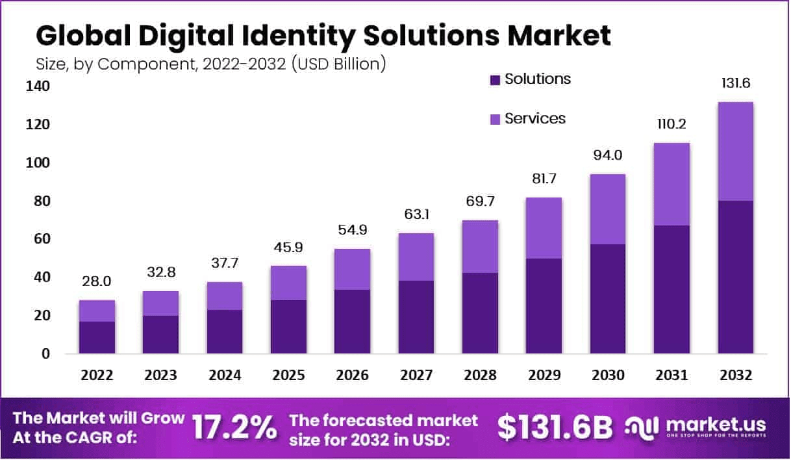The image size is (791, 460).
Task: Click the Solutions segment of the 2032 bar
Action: (735, 277)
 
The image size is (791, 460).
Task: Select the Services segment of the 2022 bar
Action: (97, 311)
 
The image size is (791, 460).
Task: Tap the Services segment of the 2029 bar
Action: (544, 228)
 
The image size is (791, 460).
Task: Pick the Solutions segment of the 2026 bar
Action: (352, 322)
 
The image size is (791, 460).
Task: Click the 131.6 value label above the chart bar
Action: (735, 84)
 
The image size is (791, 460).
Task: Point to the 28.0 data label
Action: (97, 281)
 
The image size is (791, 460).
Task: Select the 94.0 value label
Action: (607, 155)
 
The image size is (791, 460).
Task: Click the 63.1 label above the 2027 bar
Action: (416, 214)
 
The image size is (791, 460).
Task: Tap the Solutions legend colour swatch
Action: (495, 80)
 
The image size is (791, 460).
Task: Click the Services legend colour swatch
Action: (495, 120)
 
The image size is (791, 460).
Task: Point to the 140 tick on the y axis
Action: (36, 86)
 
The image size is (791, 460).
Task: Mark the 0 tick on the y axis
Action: (44, 354)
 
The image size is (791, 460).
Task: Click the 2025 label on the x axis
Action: (288, 376)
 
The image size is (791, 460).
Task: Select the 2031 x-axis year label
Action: (672, 376)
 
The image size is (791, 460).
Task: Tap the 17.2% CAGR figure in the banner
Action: (234, 428)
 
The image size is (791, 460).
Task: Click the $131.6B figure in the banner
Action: (555, 428)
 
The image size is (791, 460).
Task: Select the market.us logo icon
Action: (642, 427)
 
